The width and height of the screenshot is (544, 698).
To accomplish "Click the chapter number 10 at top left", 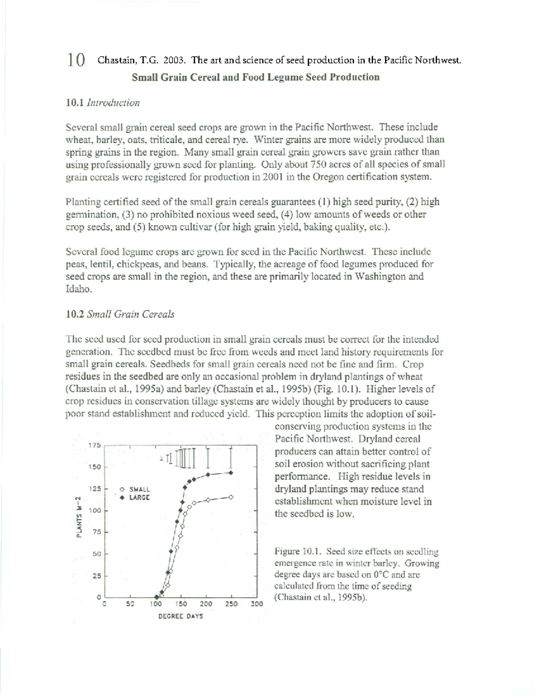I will [76, 59].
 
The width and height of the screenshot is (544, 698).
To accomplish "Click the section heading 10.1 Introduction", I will [102, 103].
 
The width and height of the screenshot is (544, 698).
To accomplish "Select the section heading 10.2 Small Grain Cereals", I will [120, 314].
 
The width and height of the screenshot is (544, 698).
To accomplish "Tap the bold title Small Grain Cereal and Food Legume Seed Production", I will [255, 77].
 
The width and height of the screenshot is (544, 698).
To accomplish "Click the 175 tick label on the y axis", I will [95, 445].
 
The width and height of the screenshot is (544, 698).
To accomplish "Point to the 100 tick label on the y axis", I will [95, 510].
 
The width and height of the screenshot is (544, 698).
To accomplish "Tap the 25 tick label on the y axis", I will [97, 576].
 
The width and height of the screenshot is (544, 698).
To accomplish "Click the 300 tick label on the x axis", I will [257, 604].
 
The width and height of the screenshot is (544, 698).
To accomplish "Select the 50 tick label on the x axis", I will [130, 604].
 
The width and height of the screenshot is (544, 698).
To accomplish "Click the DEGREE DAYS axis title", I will [180, 616].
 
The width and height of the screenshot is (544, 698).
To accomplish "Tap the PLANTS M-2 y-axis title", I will [78, 517].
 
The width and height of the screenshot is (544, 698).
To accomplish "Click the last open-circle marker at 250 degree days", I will [231, 497].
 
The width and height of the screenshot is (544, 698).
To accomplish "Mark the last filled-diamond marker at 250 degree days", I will [231, 472].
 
